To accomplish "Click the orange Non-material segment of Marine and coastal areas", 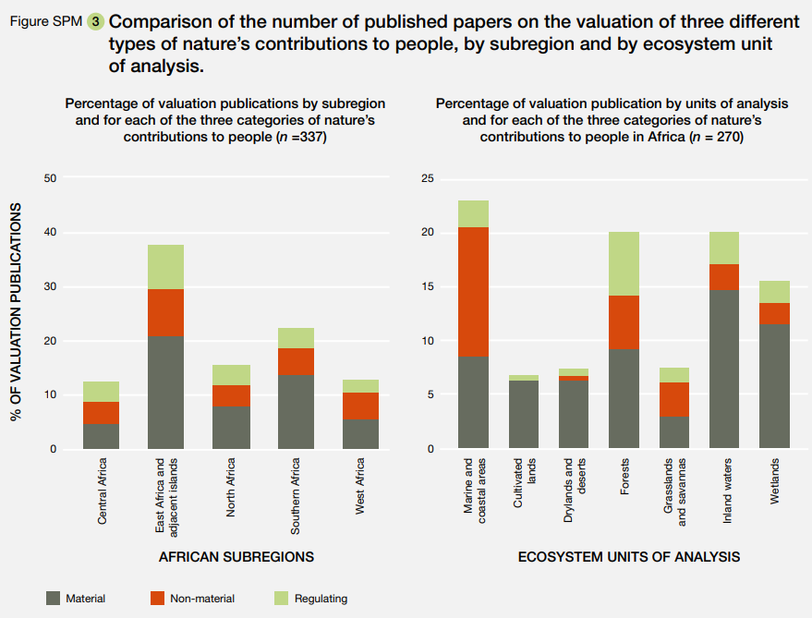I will pyautogui.click(x=473, y=291).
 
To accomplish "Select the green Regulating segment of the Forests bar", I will pyautogui.click(x=623, y=263).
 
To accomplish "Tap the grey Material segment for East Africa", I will pyautogui.click(x=165, y=393).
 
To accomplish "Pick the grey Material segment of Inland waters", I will pyautogui.click(x=723, y=370).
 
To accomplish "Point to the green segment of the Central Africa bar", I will pyautogui.click(x=101, y=392).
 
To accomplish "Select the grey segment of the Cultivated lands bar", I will pyautogui.click(x=524, y=415).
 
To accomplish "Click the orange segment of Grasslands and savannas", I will pyautogui.click(x=673, y=399).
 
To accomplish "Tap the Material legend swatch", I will pyautogui.click(x=53, y=598).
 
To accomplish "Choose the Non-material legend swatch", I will pyautogui.click(x=157, y=598).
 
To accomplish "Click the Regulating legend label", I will pyautogui.click(x=321, y=599).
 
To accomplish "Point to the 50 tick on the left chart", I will pyautogui.click(x=51, y=178).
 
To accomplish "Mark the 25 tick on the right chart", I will pyautogui.click(x=427, y=178).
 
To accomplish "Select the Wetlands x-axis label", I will pyautogui.click(x=774, y=481).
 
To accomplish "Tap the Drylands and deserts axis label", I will pyautogui.click(x=575, y=491).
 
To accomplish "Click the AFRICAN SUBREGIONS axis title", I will pyautogui.click(x=236, y=557).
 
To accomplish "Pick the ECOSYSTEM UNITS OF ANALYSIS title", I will pyautogui.click(x=628, y=557).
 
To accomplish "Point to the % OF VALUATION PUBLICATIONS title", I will pyautogui.click(x=16, y=314).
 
